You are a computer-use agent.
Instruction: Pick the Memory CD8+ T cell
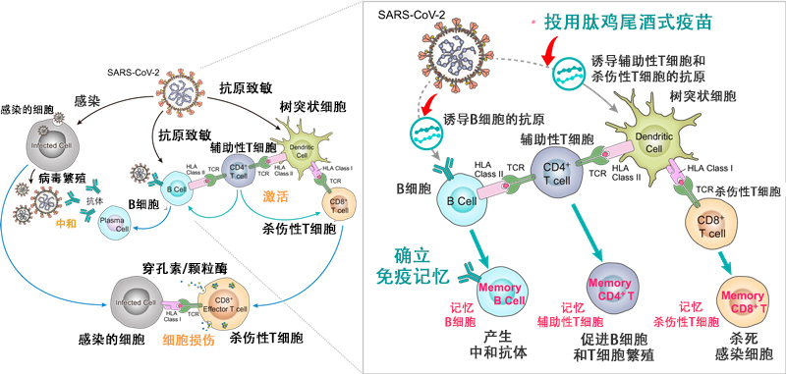point(743,300)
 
